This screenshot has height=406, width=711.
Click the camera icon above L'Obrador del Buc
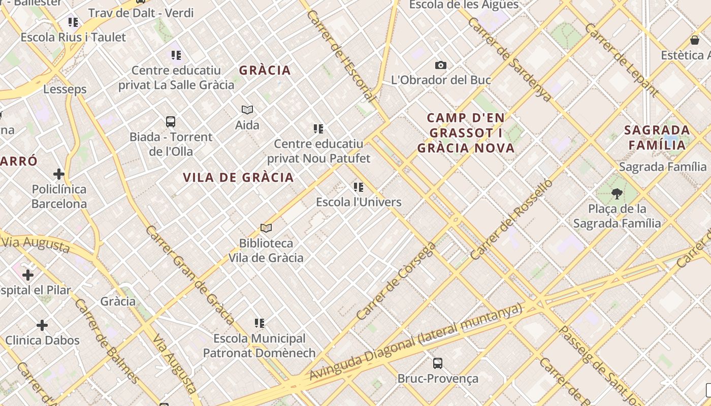click(441, 65)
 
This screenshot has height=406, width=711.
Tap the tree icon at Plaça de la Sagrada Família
click(617, 193)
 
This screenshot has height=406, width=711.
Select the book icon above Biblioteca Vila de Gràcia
click(266, 228)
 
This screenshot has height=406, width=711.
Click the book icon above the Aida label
click(247, 110)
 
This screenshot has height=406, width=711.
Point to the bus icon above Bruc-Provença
click(438, 363)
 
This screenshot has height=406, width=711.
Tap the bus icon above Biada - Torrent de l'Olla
click(171, 122)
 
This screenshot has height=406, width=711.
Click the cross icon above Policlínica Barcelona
click(59, 174)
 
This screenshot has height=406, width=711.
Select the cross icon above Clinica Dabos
click(42, 325)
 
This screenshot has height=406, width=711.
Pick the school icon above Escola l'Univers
click(359, 187)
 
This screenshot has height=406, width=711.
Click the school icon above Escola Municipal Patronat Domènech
click(260, 323)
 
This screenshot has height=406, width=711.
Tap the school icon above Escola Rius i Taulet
click(73, 22)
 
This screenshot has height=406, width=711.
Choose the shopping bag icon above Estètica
click(695, 40)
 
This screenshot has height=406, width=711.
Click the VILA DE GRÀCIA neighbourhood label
click(238, 177)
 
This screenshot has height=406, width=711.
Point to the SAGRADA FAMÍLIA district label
click(657, 138)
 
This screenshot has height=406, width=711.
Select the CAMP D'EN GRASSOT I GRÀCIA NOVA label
click(466, 133)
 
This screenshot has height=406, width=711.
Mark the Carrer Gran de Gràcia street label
click(189, 275)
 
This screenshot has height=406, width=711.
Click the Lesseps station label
click(65, 89)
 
